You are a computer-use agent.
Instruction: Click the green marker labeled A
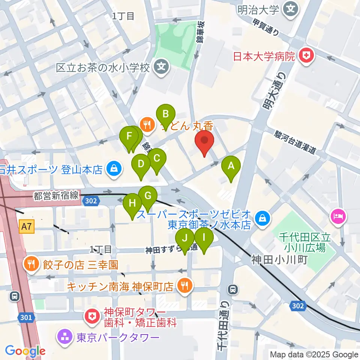[x=231, y=165]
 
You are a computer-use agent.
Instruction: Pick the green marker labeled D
[x=141, y=164]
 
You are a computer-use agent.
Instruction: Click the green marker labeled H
[x=132, y=203]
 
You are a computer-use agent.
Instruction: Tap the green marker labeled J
[x=185, y=238]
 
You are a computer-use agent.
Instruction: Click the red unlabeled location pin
[x=205, y=141]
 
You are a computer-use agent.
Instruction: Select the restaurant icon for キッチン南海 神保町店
[x=184, y=286]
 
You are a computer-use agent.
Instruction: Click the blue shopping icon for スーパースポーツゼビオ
[x=263, y=219]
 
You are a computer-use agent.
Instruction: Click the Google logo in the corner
[x=25, y=351]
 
